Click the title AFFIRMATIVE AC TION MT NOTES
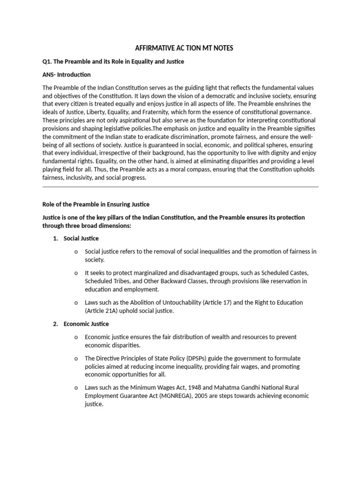pos(184,48)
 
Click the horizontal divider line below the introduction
pos(180,186)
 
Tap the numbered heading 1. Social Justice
pos(76,239)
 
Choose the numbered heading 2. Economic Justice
pos(80,324)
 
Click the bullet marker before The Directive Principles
pos(76,358)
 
